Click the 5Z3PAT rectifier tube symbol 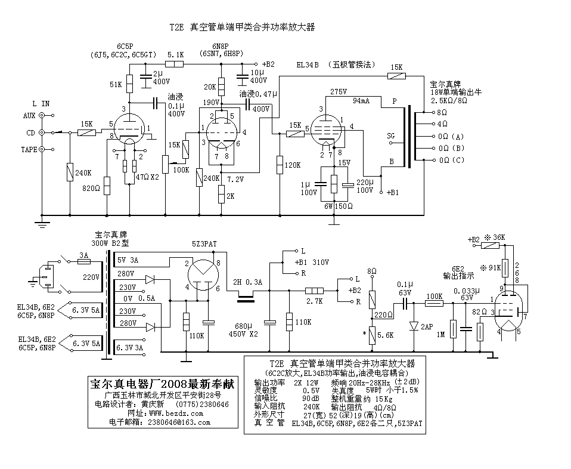pos(203,275)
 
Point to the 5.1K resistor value pos(176,54)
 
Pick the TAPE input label pos(28,149)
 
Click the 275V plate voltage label pos(338,92)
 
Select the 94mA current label pos(362,101)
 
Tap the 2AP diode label pos(427,327)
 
